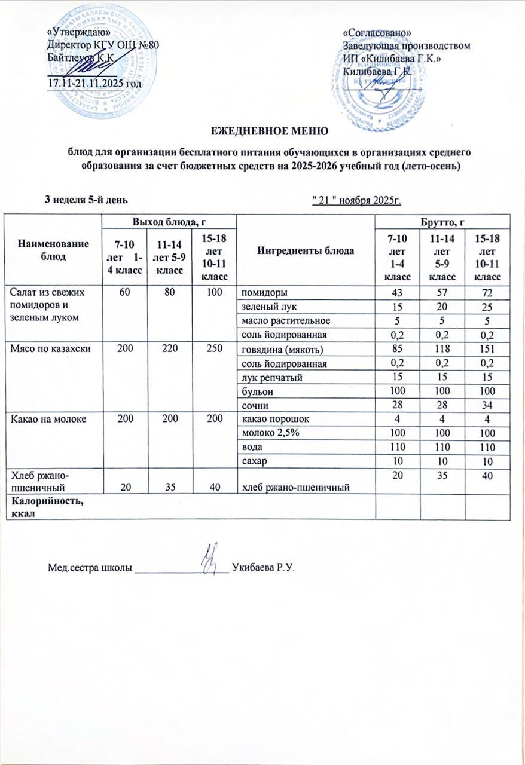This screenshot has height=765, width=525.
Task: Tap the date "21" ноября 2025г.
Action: point(356,199)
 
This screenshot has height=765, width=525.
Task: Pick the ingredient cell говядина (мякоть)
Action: point(279,349)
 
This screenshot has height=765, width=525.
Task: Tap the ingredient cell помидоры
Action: point(263,293)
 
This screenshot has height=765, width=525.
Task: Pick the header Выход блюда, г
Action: point(169,222)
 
